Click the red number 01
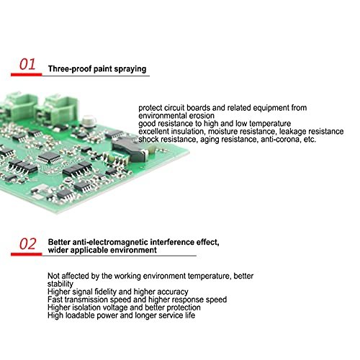pyautogui.click(x=27, y=66)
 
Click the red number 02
pyautogui.click(x=27, y=245)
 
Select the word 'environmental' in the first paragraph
pyautogui.click(x=162, y=115)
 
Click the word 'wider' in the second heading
pyautogui.click(x=59, y=251)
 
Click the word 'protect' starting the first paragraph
pyautogui.click(x=152, y=107)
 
